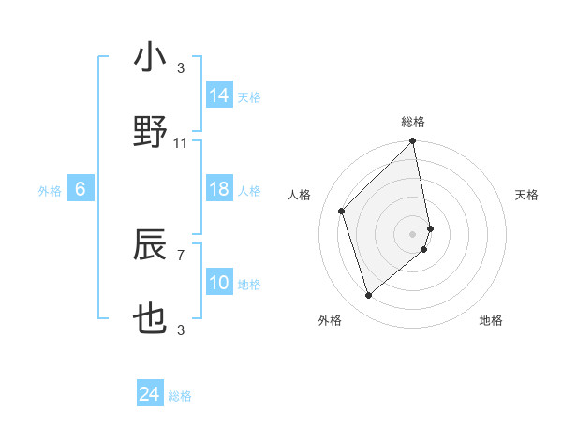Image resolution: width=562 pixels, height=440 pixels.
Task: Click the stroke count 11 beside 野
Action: (181, 143)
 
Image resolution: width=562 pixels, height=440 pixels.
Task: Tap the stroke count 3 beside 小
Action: (181, 68)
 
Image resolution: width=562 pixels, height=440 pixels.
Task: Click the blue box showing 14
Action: (219, 95)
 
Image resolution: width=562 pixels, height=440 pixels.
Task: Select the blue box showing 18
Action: (219, 190)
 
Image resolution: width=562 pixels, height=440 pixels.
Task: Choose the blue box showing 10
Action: (219, 284)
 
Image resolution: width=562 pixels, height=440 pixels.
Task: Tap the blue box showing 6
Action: (81, 190)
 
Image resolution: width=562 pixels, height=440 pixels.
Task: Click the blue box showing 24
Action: (149, 395)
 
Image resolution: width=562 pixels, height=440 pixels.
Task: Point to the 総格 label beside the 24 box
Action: (180, 396)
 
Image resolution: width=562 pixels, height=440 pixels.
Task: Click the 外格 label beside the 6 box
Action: (50, 191)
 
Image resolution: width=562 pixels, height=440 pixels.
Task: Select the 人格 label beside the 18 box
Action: (249, 191)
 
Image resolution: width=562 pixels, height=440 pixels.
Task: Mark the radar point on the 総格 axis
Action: (413, 142)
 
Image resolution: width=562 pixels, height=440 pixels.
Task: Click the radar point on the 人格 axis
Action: (342, 211)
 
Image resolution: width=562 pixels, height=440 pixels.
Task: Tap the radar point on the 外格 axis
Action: (369, 296)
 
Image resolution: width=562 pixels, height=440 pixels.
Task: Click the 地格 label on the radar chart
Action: (491, 320)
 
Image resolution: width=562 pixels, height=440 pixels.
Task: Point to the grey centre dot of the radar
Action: (413, 233)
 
